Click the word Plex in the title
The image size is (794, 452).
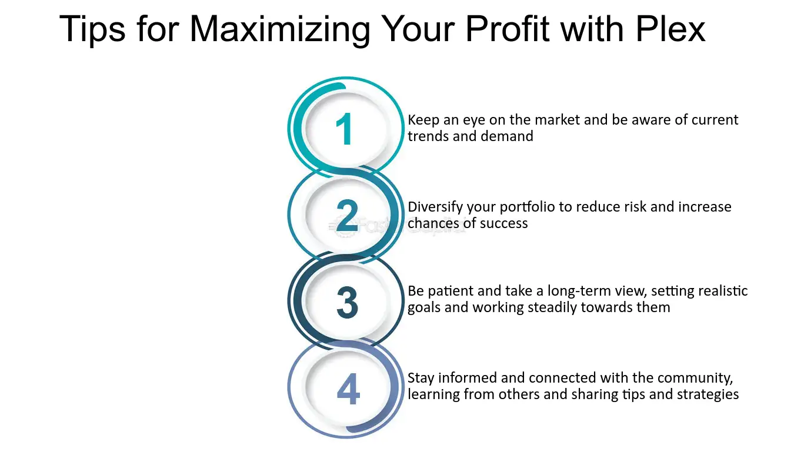coord(670,29)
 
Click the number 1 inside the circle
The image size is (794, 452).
coord(344,129)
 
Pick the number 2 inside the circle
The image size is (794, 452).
coord(346,216)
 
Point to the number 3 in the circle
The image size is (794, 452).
coord(347,302)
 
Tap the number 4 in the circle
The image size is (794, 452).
coord(348,389)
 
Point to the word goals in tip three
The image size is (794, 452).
coord(423,308)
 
